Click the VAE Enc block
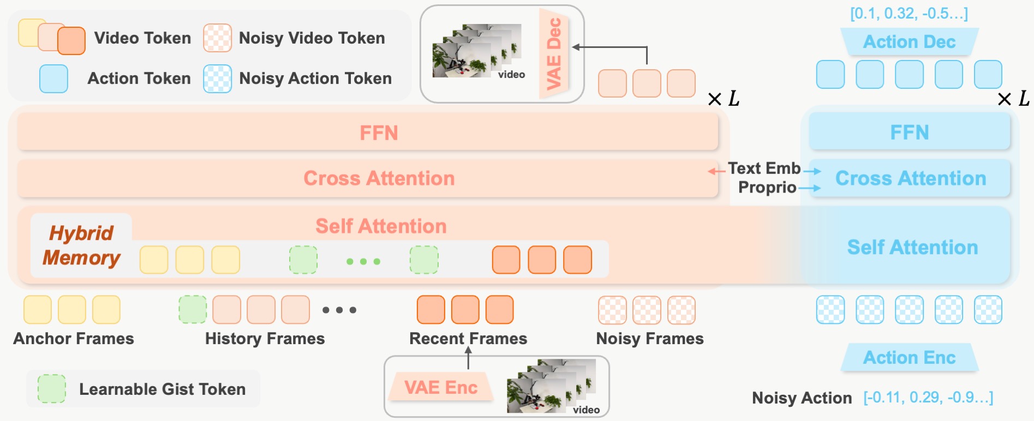pos(441,387)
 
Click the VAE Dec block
pos(554,53)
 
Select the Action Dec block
pos(909,41)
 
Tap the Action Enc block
pos(909,357)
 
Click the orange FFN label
pos(379,133)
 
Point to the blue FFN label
pos(910,132)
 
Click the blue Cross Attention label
pos(911,178)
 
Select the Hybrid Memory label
pos(81,245)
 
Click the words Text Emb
pos(764,168)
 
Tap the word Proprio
pos(767,187)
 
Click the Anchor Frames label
pos(74,339)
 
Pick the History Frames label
pos(265,339)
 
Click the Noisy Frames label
pos(650,339)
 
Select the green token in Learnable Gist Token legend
pos(52,389)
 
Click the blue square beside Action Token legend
pos(53,79)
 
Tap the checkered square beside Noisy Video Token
pos(217,38)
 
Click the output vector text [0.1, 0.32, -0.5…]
pos(909,14)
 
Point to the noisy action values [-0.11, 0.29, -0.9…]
pos(928,398)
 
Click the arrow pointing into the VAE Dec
pos(609,47)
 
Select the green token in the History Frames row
pos(193,310)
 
